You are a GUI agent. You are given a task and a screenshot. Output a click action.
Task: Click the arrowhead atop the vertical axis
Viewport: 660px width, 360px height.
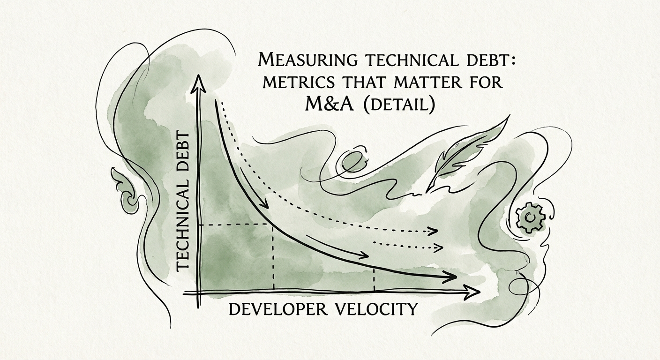coord(200,84)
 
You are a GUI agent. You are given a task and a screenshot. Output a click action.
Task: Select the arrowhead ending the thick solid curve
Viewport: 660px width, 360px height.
coord(451,278)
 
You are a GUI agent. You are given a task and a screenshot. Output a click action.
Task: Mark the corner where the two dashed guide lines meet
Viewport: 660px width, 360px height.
coord(273,225)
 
